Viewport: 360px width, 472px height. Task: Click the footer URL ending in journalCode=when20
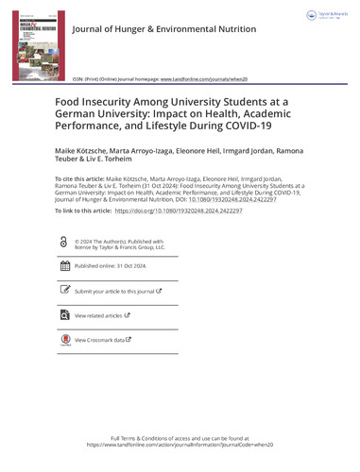point(180,447)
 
